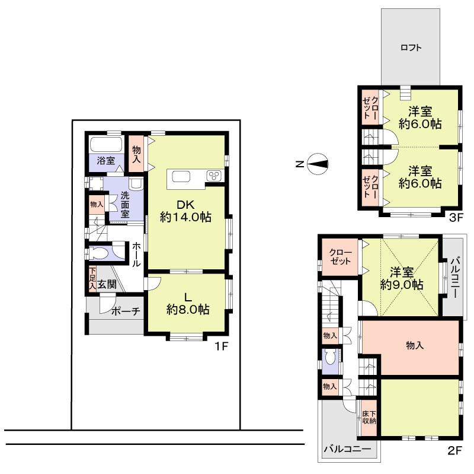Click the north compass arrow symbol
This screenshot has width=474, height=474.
click(x=318, y=164)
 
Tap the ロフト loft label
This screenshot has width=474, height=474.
click(x=411, y=48)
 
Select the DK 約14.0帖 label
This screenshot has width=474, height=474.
click(x=186, y=211)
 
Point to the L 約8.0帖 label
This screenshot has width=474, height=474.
click(x=187, y=303)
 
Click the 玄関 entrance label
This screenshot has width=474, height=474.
click(x=107, y=284)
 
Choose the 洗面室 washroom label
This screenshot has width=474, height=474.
click(x=125, y=205)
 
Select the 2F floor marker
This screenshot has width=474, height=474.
click(x=454, y=450)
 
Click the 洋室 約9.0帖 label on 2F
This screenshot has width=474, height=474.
click(x=402, y=278)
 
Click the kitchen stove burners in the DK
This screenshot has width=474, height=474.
click(x=213, y=176)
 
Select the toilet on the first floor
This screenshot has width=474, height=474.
click(x=101, y=253)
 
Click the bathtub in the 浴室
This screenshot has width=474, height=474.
click(x=105, y=145)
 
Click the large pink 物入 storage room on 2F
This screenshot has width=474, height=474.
click(x=415, y=346)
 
